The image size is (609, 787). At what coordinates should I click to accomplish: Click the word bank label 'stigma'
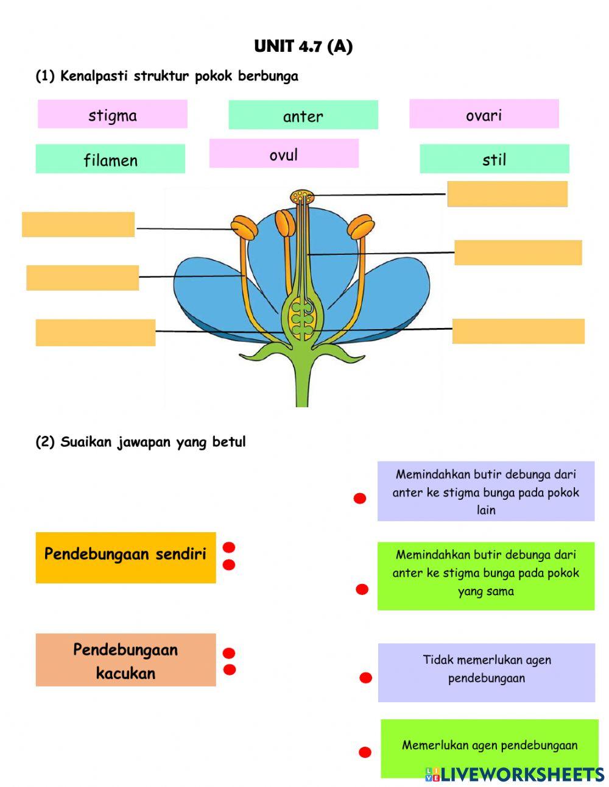113,115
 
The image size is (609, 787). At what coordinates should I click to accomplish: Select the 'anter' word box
303,115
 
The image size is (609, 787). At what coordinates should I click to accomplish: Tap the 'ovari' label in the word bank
484,114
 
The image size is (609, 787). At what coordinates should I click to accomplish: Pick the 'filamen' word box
110,159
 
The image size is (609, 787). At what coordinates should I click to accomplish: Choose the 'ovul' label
284,154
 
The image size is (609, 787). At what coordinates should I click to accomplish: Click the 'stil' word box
494,159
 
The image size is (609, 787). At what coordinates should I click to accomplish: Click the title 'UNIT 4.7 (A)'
303,46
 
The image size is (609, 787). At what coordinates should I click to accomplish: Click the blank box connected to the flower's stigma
507,194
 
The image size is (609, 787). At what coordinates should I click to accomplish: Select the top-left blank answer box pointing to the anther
78,224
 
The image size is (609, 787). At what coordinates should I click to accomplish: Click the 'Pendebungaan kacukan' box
125,660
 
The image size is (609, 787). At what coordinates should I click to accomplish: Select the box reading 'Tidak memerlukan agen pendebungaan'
486,672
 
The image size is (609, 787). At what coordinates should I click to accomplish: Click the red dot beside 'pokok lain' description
360,499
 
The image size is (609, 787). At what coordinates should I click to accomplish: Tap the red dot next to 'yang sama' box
362,589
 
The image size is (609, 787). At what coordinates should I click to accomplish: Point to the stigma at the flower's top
302,196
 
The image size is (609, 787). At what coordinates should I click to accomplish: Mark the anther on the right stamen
360,227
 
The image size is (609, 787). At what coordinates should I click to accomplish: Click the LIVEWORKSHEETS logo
515,774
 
